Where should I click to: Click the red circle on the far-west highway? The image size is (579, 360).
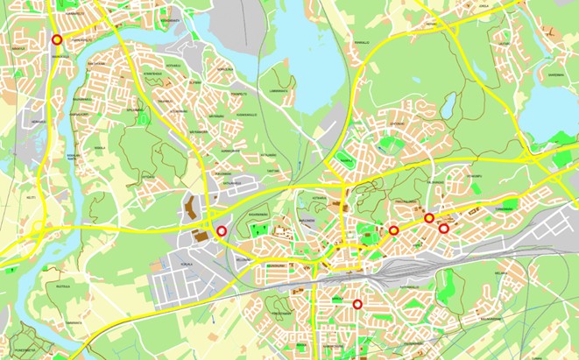[x=57, y=39]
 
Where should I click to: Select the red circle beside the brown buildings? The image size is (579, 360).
[x=222, y=230]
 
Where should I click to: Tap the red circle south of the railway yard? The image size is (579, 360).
[x=357, y=304]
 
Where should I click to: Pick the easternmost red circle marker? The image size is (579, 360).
[x=444, y=229]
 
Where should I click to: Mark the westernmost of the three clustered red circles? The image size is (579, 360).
[x=394, y=230]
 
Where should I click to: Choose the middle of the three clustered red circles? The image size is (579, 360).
[x=429, y=218]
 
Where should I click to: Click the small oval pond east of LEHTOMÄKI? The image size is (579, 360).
[x=448, y=109]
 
